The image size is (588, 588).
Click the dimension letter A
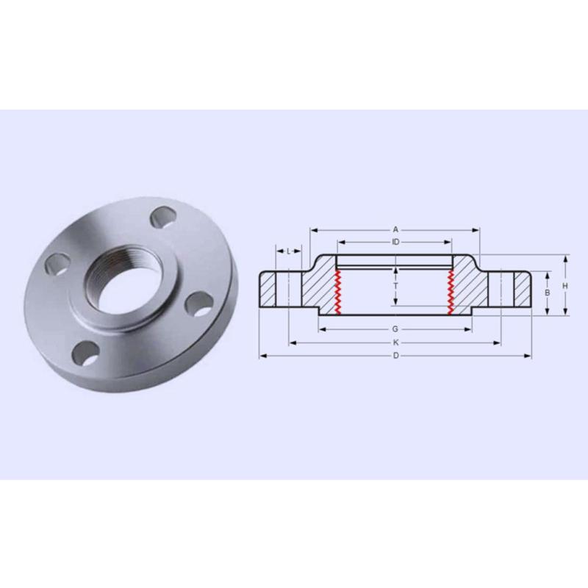395,230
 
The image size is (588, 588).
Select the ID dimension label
395,243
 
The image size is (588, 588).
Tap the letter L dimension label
288,251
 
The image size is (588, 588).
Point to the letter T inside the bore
395,286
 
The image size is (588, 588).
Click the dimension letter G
395,329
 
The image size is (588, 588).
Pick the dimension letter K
395,343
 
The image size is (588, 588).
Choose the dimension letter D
396,356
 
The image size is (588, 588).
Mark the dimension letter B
547,293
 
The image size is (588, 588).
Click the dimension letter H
565,286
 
